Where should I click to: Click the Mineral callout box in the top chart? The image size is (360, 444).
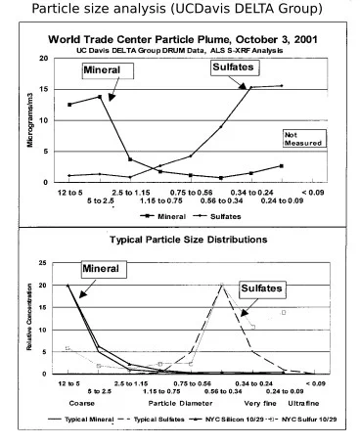point(108,70)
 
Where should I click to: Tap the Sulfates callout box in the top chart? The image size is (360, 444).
point(235,67)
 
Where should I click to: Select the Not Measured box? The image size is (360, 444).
point(304,139)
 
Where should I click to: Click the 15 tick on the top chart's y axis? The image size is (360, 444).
point(44,89)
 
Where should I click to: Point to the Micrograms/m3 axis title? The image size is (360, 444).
point(30,120)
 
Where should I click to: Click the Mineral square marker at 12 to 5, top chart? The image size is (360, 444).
point(69,105)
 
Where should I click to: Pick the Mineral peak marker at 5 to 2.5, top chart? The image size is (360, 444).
point(100,97)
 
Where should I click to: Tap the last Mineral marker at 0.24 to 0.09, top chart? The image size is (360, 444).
point(282,166)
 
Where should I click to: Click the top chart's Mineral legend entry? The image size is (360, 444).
point(163,216)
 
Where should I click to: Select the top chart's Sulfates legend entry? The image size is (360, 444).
point(217,216)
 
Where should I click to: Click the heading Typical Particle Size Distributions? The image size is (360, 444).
point(189,240)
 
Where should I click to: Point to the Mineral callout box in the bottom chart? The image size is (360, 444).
point(104,269)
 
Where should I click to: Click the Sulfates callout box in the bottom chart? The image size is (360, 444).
point(263,289)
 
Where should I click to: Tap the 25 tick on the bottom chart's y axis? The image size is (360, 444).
point(43,263)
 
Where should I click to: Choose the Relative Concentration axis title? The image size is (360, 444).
point(29,317)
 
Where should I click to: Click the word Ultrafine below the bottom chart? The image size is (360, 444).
point(303,403)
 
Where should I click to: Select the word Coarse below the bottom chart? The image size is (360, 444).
point(82,403)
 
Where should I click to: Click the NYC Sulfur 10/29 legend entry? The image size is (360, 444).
point(302,420)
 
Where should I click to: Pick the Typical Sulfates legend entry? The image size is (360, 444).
point(151,420)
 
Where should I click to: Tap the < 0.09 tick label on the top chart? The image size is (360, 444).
point(313,193)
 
